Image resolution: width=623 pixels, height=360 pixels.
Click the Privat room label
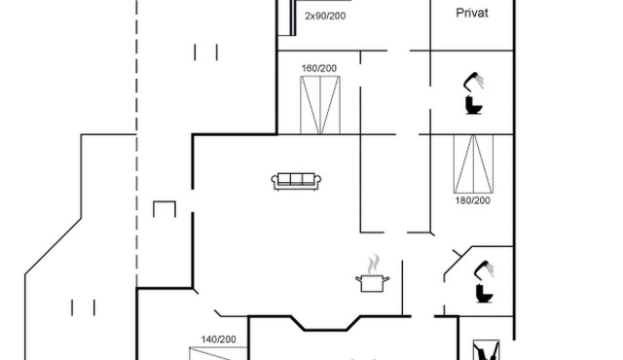point(471,13)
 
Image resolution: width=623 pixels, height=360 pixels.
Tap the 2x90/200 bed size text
point(325,16)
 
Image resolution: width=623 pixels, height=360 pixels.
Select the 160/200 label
point(319,68)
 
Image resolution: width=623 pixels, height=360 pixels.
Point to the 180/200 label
point(473,200)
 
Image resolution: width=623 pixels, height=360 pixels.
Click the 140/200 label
point(218,340)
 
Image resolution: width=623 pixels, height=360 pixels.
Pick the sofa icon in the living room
point(296,181)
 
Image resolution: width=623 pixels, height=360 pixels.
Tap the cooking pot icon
point(372,282)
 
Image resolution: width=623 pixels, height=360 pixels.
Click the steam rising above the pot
point(373,265)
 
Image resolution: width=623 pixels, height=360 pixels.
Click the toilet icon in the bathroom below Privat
point(474,105)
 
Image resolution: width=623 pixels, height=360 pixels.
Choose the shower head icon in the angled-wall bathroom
point(484,270)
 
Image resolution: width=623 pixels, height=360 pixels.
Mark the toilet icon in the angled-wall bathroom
point(485,293)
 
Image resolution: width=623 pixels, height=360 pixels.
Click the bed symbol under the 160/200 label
point(320,105)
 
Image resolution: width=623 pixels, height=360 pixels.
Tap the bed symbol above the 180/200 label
point(474,163)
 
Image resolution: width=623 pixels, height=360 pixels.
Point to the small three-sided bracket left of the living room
point(165,202)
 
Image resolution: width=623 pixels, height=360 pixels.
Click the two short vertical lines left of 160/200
point(205,53)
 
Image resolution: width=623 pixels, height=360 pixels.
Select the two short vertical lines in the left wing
point(83,307)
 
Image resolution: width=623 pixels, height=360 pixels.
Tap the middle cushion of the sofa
point(296,179)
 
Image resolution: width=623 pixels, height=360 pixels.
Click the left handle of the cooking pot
point(358,279)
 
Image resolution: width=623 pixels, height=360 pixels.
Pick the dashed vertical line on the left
point(136,143)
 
